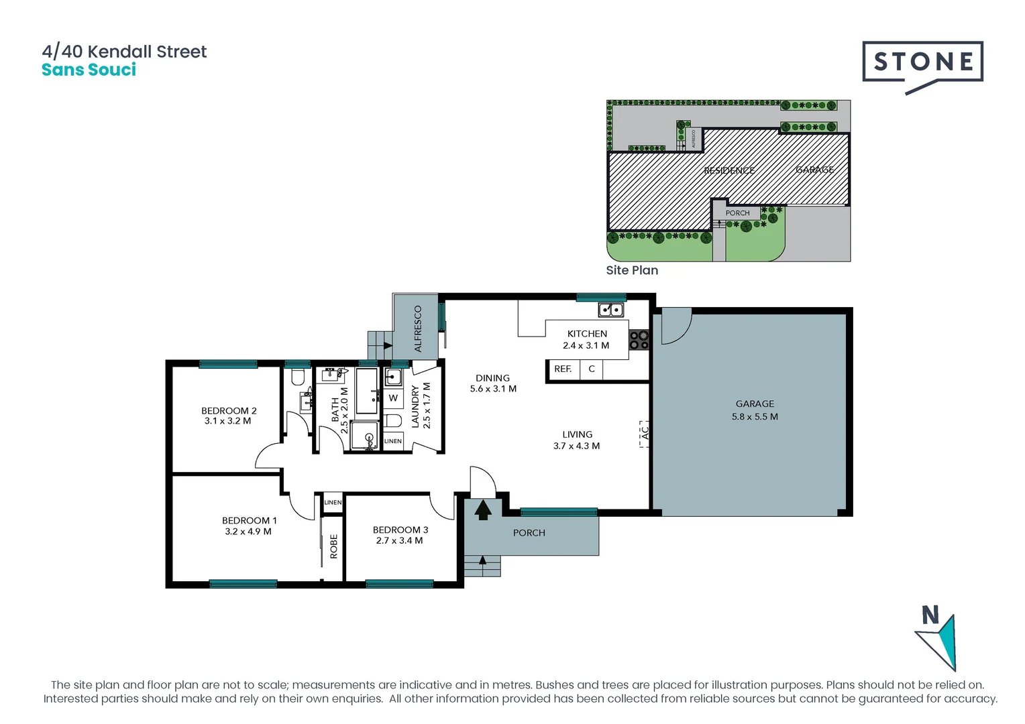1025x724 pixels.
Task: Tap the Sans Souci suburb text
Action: [89, 70]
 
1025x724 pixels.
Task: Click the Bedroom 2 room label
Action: [229, 410]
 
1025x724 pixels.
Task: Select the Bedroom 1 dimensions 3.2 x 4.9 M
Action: [248, 532]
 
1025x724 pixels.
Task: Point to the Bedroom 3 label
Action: [400, 530]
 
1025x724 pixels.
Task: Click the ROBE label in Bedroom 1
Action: [333, 546]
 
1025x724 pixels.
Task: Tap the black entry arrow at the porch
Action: [483, 511]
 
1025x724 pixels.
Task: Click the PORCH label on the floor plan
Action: [529, 533]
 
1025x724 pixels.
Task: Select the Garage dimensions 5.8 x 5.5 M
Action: [755, 416]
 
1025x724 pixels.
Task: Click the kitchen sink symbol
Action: [610, 310]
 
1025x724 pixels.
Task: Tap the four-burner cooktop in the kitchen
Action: [639, 341]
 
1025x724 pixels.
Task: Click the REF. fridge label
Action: [563, 369]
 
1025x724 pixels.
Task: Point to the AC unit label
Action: [645, 433]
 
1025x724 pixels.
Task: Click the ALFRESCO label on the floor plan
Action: [418, 328]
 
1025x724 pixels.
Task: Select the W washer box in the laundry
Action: [393, 398]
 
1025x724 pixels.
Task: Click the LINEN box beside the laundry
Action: [393, 440]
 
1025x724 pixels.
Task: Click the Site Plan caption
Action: [632, 270]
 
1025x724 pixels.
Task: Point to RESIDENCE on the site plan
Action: [729, 170]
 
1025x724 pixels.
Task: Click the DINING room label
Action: [492, 378]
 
